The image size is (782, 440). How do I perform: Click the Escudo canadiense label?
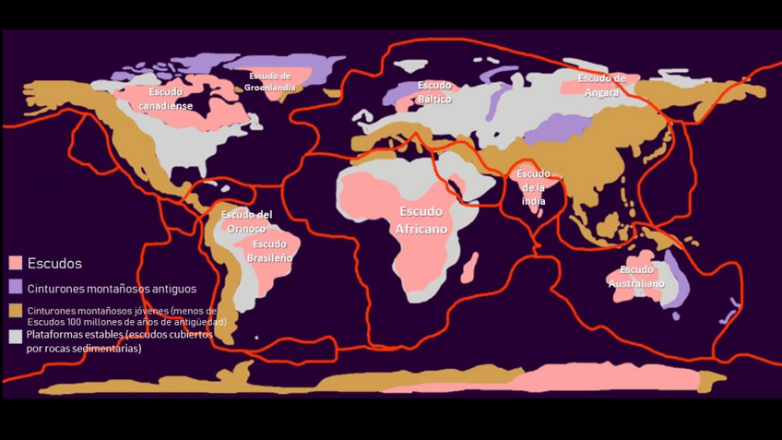[166, 99]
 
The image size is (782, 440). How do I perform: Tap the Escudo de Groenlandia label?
[270, 81]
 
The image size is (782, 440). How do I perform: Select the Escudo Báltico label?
[434, 92]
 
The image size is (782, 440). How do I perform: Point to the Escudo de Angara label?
[601, 84]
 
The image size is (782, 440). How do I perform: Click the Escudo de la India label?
[533, 187]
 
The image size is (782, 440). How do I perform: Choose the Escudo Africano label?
[421, 220]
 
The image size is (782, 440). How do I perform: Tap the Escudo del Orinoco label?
[246, 221]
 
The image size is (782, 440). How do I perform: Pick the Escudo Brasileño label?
[269, 251]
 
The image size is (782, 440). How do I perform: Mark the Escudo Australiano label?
[636, 277]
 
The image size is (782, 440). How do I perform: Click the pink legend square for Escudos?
[16, 264]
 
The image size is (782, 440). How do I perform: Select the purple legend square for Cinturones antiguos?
[16, 289]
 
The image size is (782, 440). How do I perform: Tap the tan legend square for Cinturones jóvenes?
[16, 312]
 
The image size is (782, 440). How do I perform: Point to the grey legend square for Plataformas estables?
[16, 337]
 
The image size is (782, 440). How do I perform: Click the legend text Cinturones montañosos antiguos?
[112, 289]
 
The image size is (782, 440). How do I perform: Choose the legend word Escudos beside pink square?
[54, 264]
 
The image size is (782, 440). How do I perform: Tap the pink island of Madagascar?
[469, 268]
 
